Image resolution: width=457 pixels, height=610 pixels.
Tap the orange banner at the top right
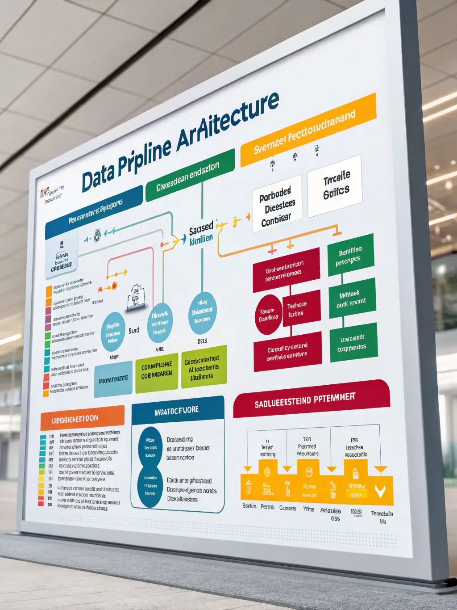[x=307, y=129]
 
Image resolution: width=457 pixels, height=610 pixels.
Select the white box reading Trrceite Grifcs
[x=335, y=185]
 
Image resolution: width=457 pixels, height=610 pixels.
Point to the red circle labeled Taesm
[x=268, y=314]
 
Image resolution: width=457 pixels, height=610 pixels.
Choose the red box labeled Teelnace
[x=301, y=308]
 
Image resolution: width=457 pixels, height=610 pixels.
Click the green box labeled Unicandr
[x=353, y=343]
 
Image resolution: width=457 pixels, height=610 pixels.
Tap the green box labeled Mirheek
[x=352, y=299]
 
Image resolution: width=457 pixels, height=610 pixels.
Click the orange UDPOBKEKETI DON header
[x=82, y=418]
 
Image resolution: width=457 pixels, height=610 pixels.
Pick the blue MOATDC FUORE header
[x=178, y=409]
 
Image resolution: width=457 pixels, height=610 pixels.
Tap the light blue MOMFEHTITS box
[x=113, y=379]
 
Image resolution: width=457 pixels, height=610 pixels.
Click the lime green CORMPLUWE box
[x=157, y=371]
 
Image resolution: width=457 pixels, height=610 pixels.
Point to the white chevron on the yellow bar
[x=380, y=491]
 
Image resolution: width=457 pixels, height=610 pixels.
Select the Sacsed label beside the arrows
[x=201, y=230]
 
